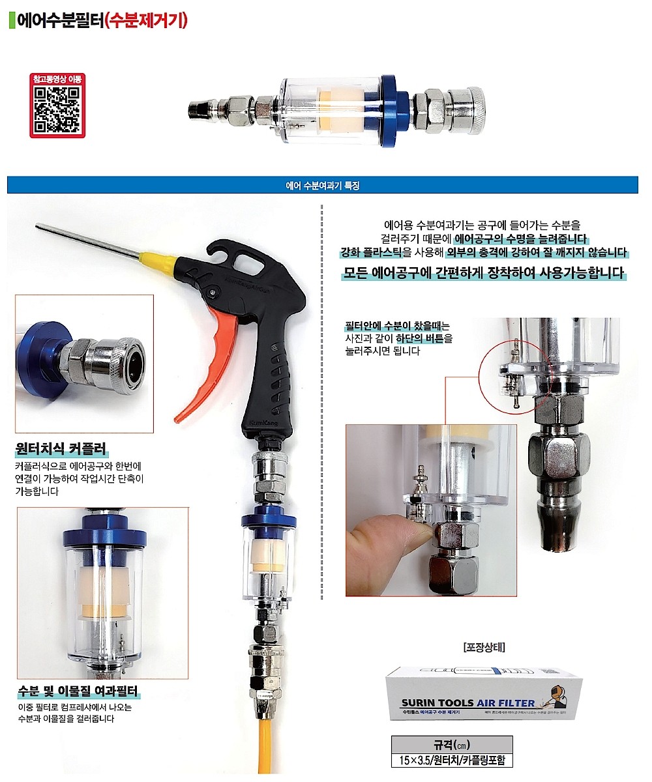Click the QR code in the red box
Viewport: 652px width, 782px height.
click(x=57, y=110)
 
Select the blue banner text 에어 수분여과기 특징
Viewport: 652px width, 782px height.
click(x=323, y=185)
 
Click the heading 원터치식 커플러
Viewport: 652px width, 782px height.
click(x=61, y=449)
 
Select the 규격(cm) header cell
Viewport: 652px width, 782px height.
click(x=452, y=744)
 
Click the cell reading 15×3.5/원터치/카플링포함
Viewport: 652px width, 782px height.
click(x=452, y=760)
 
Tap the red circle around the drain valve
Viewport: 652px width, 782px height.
click(x=514, y=378)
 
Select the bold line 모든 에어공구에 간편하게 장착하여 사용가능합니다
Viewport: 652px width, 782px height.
click(x=484, y=272)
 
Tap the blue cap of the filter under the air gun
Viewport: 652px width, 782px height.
click(x=268, y=521)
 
